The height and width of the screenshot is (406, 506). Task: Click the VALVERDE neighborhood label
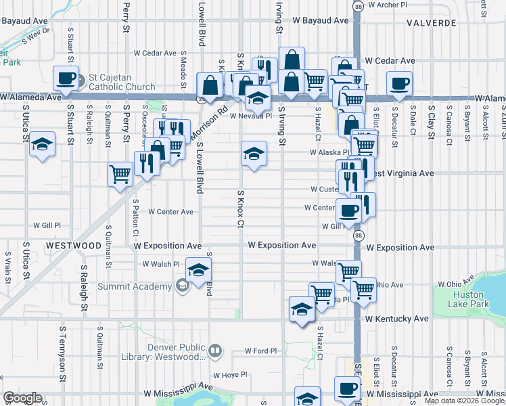click(x=432, y=23)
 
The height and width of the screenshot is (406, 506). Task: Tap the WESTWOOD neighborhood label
click(x=74, y=244)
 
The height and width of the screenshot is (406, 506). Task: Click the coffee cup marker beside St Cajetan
click(x=66, y=79)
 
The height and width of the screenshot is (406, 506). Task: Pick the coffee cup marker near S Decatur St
click(x=399, y=85)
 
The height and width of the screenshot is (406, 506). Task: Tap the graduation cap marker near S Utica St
click(x=43, y=145)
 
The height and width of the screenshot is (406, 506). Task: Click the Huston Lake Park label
click(x=468, y=299)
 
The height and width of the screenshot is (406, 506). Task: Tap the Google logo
click(x=22, y=398)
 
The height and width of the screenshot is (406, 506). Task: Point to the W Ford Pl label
click(x=261, y=351)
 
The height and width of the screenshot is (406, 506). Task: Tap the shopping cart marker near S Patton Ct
click(x=120, y=175)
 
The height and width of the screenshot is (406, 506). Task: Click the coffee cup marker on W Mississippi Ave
click(x=348, y=390)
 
